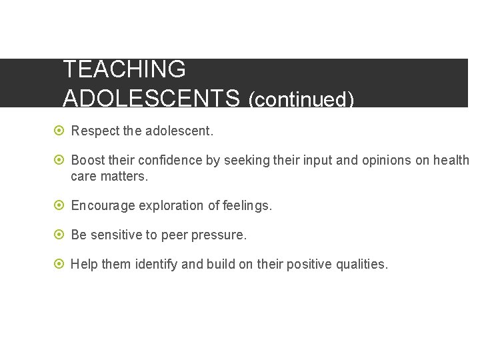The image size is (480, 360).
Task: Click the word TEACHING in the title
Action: (x=124, y=69)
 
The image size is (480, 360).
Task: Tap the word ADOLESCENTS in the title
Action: (x=151, y=98)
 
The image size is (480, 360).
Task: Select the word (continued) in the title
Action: (x=301, y=99)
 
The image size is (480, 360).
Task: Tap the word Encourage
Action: (x=103, y=206)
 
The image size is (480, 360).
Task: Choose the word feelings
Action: (x=248, y=206)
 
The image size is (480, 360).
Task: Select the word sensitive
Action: (x=114, y=235)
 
